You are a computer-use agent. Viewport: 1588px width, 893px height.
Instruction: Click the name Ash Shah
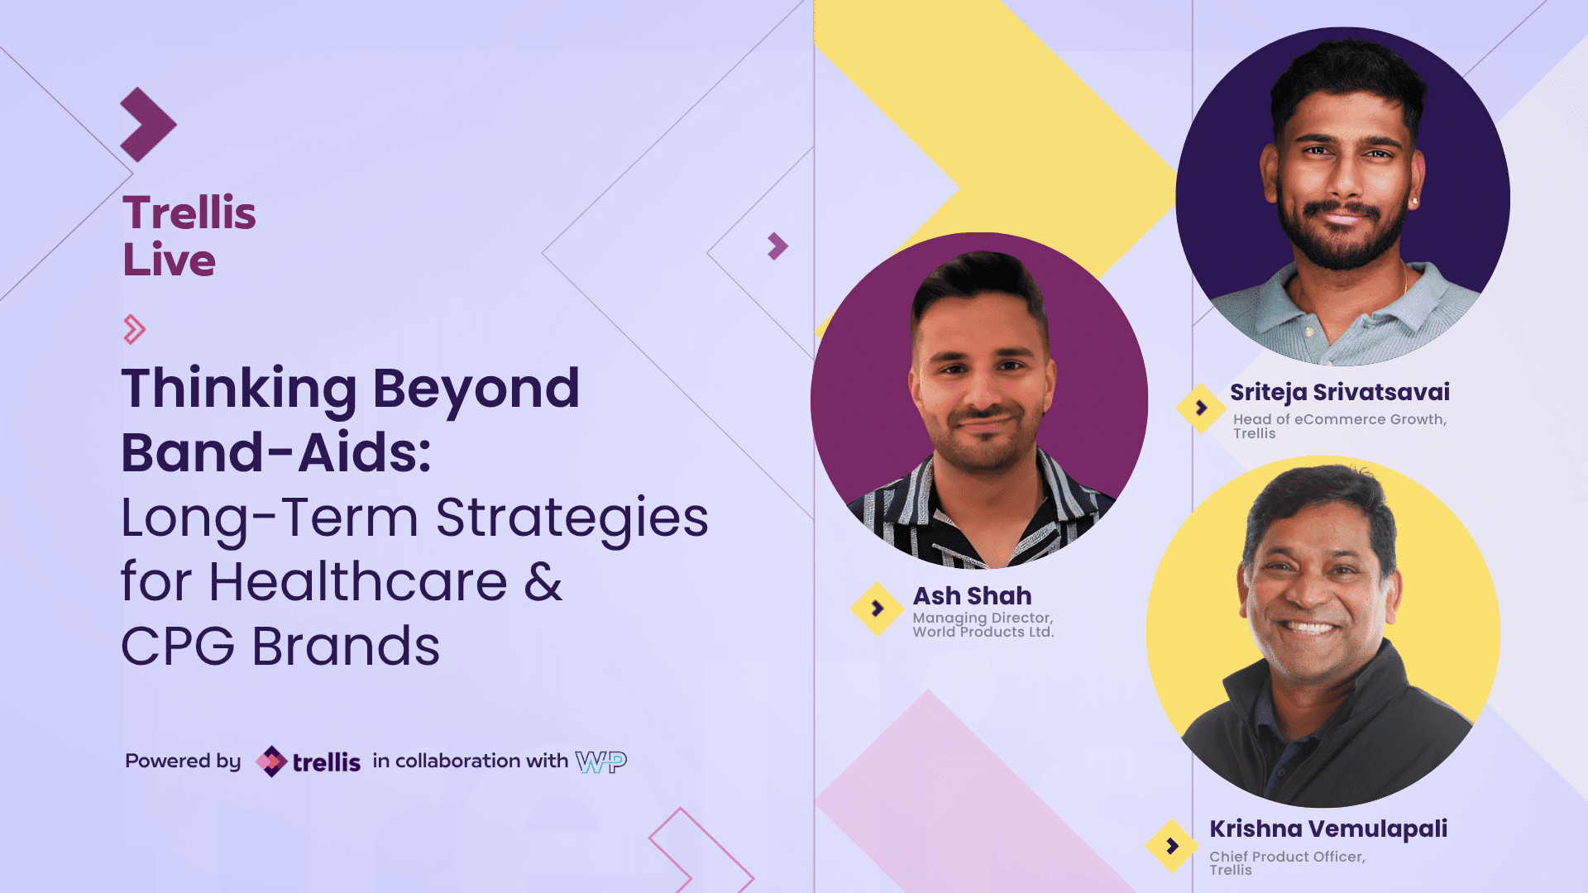[x=972, y=595]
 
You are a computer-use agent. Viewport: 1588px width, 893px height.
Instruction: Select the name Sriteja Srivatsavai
[x=1339, y=392]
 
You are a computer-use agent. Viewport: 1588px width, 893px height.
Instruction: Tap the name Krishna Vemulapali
[x=1328, y=829]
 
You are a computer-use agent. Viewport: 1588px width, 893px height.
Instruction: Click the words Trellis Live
[x=189, y=236]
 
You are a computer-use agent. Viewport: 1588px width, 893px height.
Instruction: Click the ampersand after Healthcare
[x=543, y=580]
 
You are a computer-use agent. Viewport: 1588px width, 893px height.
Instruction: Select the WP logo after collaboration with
[x=601, y=762]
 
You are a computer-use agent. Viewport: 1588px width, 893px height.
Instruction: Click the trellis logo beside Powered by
[x=308, y=762]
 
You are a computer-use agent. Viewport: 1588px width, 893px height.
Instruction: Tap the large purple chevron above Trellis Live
[x=148, y=125]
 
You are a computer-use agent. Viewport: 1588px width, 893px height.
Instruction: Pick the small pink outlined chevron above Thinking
[x=135, y=329]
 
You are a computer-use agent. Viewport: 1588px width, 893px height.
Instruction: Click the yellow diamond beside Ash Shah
[x=877, y=609]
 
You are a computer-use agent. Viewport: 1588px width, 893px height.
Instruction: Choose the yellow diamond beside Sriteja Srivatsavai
[x=1201, y=408]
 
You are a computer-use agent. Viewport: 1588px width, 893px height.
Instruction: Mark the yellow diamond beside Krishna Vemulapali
[x=1172, y=846]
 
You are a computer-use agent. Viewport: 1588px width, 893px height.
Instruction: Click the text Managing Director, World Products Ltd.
[x=983, y=625]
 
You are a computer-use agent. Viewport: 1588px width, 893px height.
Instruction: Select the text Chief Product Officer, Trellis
[x=1287, y=863]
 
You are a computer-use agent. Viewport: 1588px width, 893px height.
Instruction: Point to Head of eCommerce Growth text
[x=1339, y=419]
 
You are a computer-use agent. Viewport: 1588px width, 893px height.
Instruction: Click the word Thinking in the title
[x=239, y=389]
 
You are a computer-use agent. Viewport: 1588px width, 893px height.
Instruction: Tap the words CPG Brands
[x=280, y=646]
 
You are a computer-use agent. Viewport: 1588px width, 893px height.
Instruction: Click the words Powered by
[x=183, y=762]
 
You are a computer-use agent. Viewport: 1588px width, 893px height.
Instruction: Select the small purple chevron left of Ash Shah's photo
[x=777, y=246]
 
